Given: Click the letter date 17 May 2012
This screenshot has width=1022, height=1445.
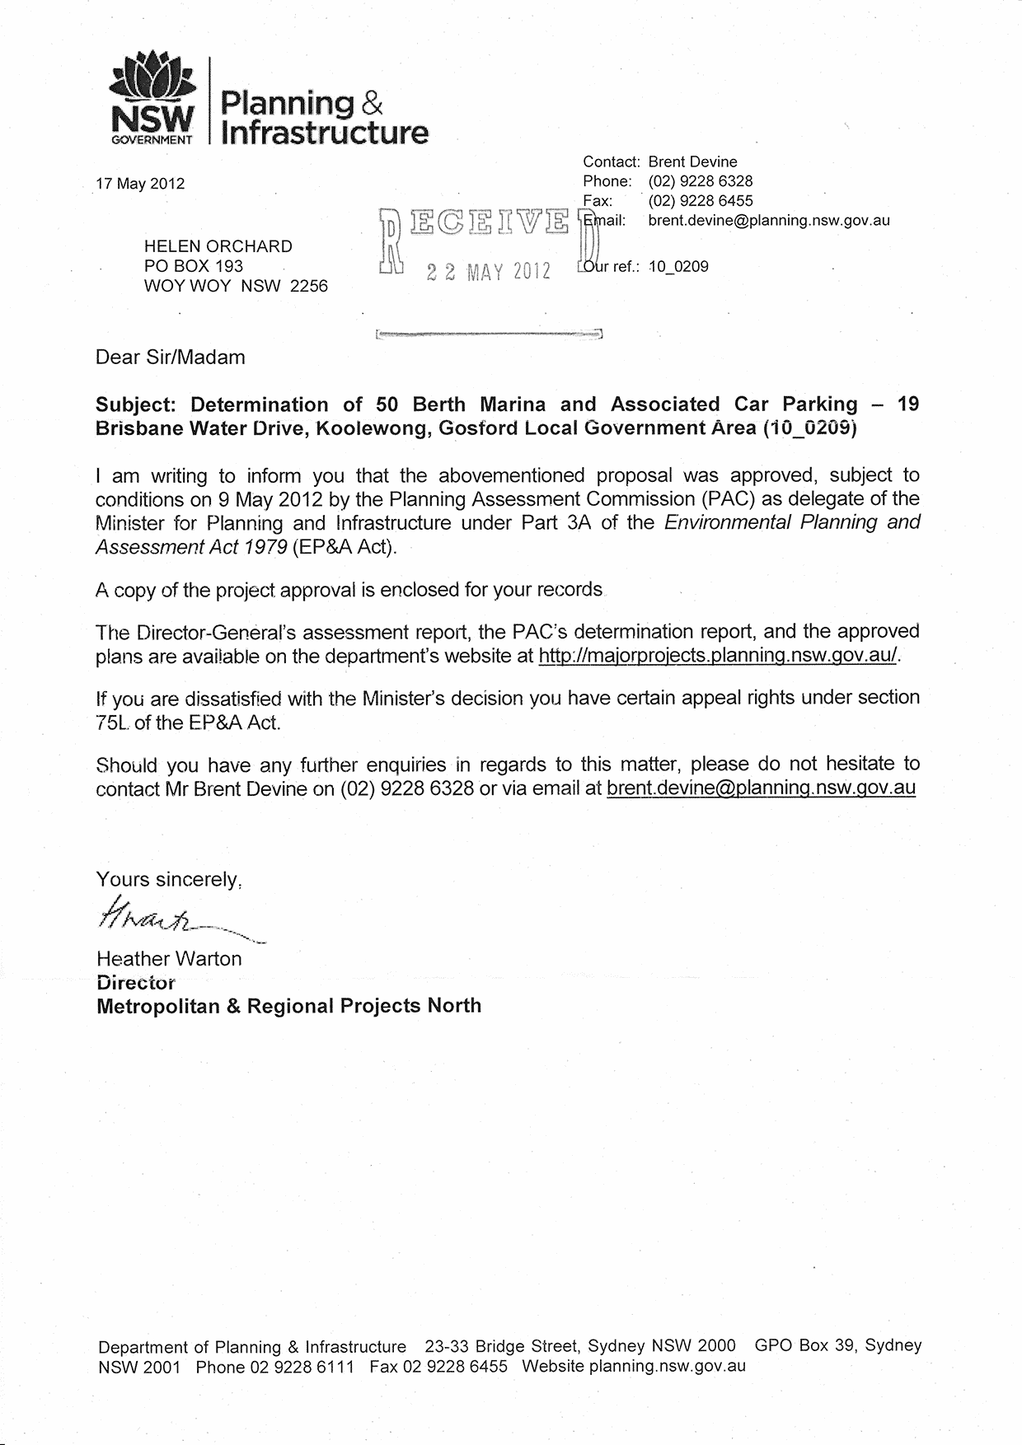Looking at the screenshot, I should (x=140, y=184).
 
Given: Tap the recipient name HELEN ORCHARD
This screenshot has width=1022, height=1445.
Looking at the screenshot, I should (x=218, y=246).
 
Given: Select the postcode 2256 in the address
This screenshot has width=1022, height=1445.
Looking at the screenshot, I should (x=309, y=287).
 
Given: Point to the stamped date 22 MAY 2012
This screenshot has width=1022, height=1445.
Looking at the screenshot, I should (x=489, y=273).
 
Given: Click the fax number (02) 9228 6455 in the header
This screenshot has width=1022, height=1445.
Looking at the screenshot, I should (x=701, y=201).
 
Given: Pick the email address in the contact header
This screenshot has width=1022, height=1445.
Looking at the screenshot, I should (x=768, y=221).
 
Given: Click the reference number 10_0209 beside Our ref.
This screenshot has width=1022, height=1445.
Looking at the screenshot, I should (x=679, y=267).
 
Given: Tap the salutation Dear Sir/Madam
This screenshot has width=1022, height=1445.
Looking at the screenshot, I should (x=171, y=358).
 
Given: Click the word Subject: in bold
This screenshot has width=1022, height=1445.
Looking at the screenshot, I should (x=138, y=405).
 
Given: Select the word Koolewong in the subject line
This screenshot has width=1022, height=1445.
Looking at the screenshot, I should (x=374, y=428).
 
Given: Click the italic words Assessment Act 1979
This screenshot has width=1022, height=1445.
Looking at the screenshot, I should (x=191, y=547).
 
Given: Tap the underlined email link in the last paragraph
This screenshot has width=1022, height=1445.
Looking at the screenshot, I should (x=761, y=788).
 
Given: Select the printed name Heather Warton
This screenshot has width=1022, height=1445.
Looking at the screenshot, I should (x=169, y=959).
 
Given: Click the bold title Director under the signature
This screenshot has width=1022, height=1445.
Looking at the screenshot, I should (x=136, y=983).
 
